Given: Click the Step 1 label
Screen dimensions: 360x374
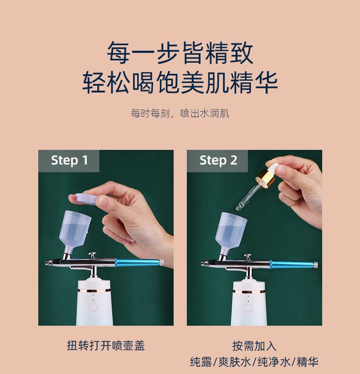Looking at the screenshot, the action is point(69,160).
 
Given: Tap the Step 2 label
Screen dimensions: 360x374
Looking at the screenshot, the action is point(218,160).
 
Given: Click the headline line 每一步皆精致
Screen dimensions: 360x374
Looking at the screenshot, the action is point(180,53).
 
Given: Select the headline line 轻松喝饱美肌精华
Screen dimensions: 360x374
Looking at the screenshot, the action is point(180,82).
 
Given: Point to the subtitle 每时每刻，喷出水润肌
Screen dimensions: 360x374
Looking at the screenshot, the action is point(180,113).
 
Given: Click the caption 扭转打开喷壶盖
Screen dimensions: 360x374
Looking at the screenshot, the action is point(106,346).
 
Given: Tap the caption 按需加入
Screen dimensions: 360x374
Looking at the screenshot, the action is point(254,346).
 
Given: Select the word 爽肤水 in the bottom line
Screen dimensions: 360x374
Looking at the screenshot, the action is point(235,362).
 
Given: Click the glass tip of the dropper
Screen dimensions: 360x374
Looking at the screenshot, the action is point(239,206).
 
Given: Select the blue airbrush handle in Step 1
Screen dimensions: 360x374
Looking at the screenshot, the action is point(139,262).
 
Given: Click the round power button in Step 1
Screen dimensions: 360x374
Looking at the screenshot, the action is point(93,307).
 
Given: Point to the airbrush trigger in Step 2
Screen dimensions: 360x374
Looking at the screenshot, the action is point(247,257).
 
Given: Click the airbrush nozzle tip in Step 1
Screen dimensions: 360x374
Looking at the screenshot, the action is point(47,263).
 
